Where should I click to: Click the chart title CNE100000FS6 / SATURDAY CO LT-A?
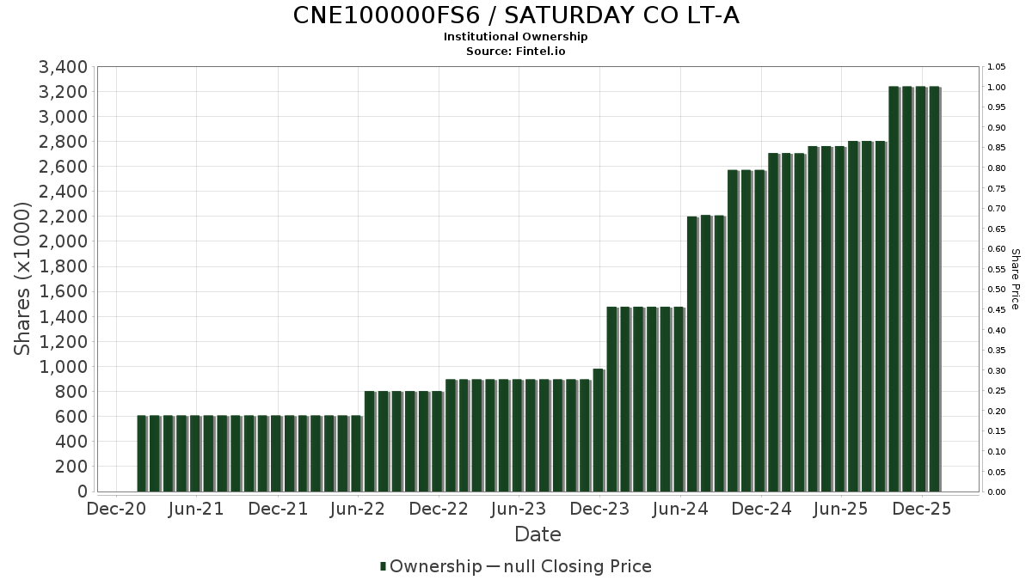pos(516,15)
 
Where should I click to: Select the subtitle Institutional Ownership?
pos(516,37)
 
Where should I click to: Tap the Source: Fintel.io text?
pos(516,51)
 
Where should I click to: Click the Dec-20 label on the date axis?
pos(116,509)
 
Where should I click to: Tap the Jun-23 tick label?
pos(519,509)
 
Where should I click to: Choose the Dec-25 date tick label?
pos(922,509)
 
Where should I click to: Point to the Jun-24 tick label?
pos(680,509)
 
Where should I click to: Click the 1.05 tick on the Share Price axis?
pos(997,67)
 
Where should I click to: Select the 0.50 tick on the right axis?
pos(997,290)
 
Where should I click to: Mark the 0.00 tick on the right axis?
pos(997,492)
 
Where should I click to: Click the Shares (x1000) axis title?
pos(23,278)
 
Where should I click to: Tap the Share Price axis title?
pos(1015,278)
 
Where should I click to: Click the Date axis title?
pos(537,534)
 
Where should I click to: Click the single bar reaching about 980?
pos(599,430)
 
